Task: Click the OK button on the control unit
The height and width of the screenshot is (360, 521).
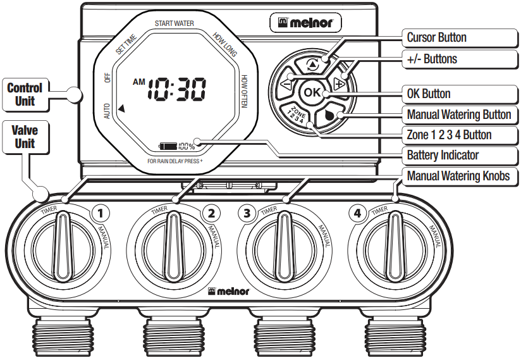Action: click(x=312, y=92)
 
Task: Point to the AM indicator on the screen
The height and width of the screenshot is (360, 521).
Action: click(x=138, y=82)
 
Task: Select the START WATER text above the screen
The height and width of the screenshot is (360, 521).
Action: click(x=174, y=23)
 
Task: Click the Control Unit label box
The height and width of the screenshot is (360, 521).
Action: click(x=25, y=94)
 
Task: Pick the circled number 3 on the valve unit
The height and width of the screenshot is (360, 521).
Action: click(x=246, y=213)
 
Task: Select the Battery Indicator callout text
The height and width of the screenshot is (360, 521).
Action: click(x=443, y=155)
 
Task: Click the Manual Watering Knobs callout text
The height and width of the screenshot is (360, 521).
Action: click(x=458, y=175)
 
